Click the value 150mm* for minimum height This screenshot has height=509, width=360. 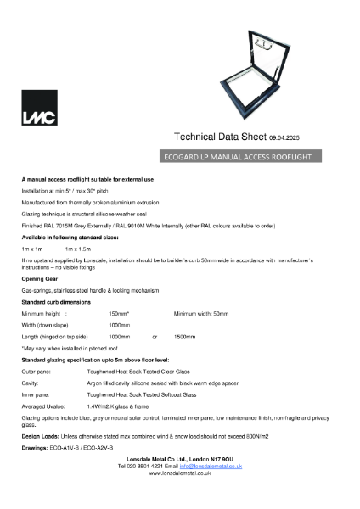coord(119,314)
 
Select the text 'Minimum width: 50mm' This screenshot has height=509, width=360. coord(201,314)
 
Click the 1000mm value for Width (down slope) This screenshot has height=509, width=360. coord(119,325)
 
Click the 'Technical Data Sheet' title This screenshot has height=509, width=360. coord(221,137)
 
